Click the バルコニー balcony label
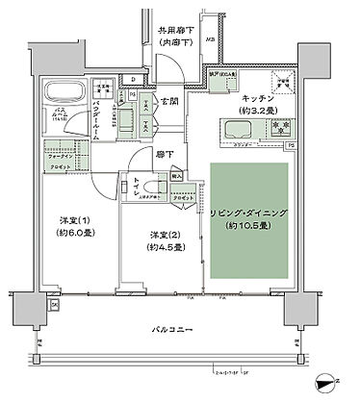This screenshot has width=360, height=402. [175, 331]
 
